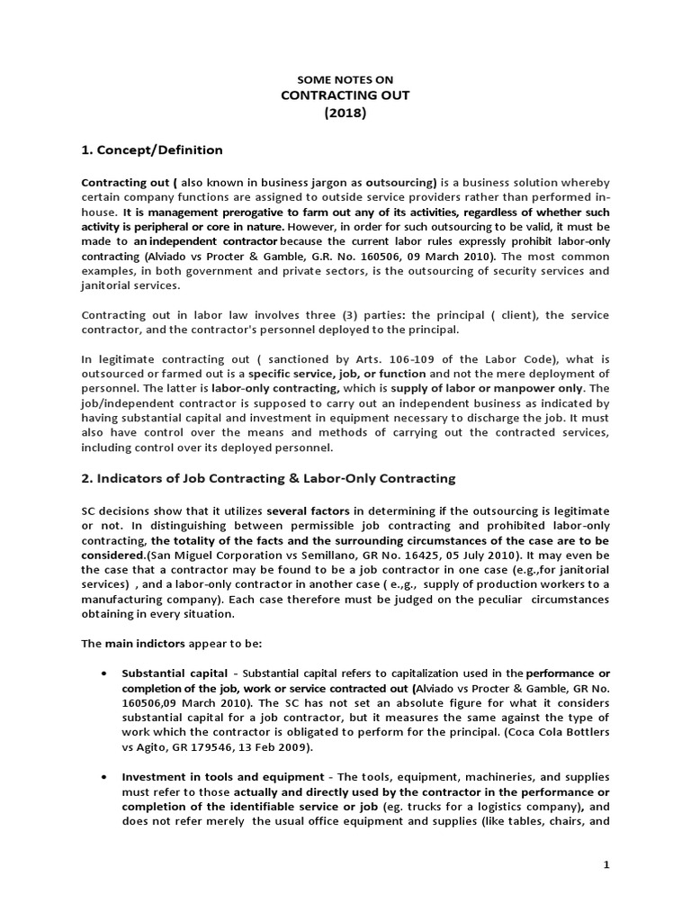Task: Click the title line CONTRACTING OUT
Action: (x=345, y=96)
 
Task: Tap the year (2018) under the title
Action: (x=345, y=113)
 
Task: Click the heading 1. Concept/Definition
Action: (x=152, y=149)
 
